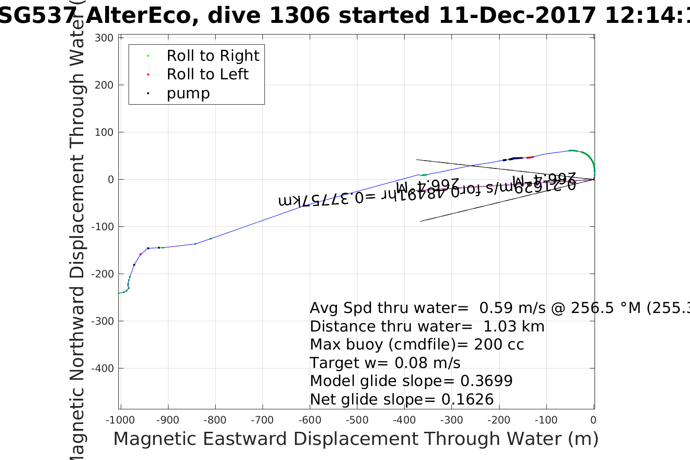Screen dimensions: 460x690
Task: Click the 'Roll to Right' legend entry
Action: tap(212, 56)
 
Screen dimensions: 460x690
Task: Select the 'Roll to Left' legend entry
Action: tap(207, 74)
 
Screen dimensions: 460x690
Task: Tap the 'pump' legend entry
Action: tap(188, 93)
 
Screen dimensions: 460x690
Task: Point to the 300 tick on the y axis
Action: tap(104, 38)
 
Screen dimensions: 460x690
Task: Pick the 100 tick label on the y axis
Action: tap(104, 132)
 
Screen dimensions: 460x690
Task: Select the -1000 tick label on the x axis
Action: tap(120, 420)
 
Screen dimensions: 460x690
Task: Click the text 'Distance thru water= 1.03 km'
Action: tap(427, 327)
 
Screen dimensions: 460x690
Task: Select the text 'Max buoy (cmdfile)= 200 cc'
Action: tap(417, 345)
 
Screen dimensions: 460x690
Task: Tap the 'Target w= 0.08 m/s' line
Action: tap(385, 363)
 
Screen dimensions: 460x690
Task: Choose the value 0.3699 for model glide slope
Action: tap(486, 381)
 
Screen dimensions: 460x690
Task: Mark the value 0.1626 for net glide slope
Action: tap(467, 400)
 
